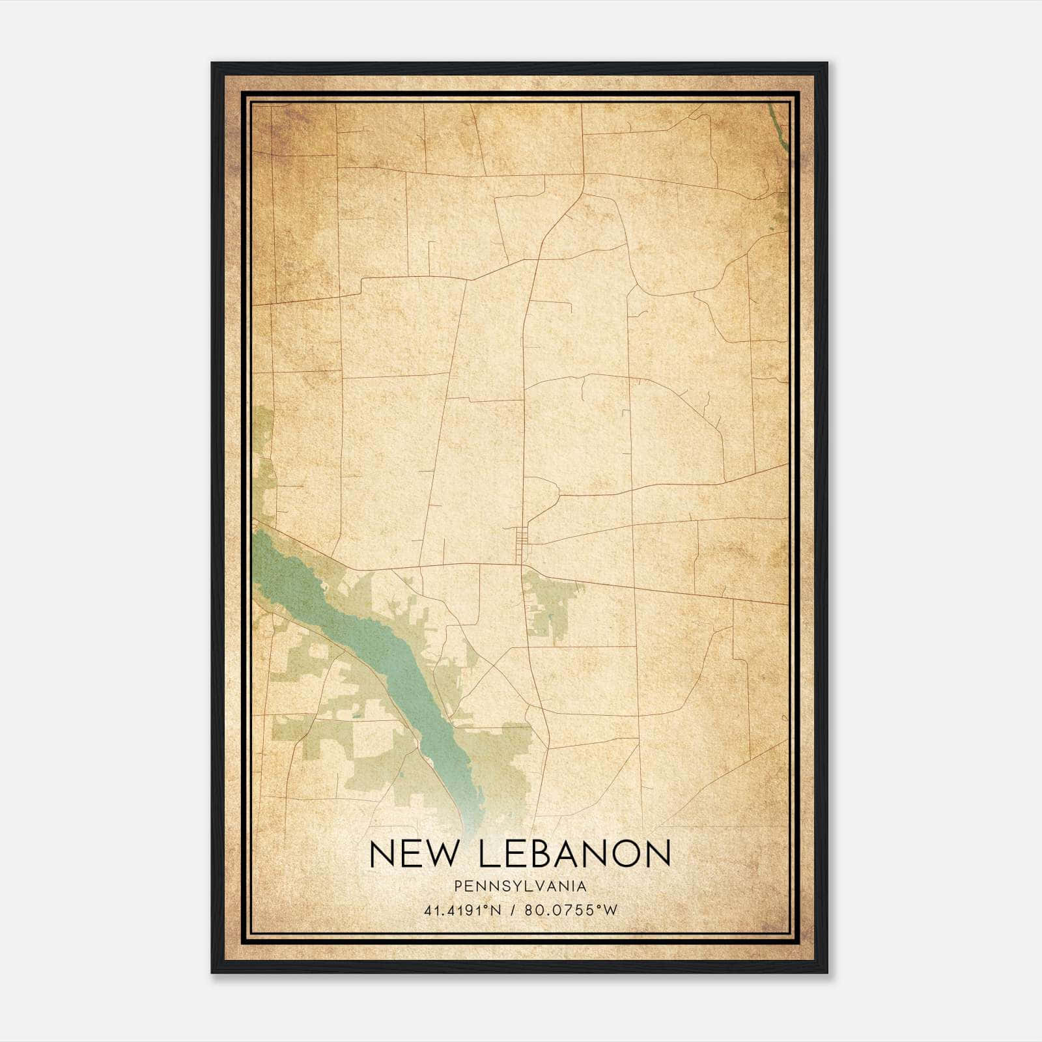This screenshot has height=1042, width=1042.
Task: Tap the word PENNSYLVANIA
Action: tap(520, 886)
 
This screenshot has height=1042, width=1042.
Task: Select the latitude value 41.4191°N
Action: tap(462, 910)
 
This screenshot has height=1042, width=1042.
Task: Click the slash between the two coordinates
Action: tap(514, 910)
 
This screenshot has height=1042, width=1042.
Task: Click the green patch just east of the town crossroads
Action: tap(547, 602)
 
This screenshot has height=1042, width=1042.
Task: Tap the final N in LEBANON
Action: tap(658, 853)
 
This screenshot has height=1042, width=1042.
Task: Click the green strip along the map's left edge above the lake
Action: tap(264, 469)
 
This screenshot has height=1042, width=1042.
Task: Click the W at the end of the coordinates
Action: tap(611, 910)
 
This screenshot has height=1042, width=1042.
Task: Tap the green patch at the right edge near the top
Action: tap(781, 208)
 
